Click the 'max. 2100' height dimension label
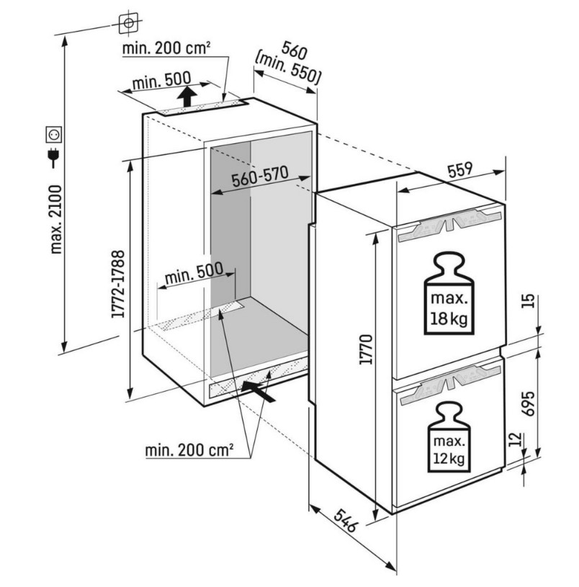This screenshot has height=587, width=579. (56, 220)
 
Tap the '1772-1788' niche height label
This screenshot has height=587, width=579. (118, 284)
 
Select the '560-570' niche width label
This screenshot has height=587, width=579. (260, 176)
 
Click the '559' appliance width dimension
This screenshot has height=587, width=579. (460, 170)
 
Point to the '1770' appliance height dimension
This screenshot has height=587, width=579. (366, 349)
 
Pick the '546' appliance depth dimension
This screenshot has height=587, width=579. (344, 520)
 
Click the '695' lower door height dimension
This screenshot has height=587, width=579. (528, 403)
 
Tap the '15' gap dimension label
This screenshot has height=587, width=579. (527, 301)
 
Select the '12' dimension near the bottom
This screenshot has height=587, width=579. (516, 439)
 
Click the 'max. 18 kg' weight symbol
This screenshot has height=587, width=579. (449, 292)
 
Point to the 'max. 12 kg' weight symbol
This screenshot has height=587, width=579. (449, 437)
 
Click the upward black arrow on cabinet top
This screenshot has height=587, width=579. (187, 97)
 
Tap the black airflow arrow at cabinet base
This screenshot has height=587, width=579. (259, 392)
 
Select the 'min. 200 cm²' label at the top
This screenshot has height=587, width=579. (166, 48)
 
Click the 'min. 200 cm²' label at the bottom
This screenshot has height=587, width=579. (189, 450)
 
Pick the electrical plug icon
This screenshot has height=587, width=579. (54, 157)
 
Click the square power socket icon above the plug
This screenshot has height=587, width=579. (54, 135)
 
